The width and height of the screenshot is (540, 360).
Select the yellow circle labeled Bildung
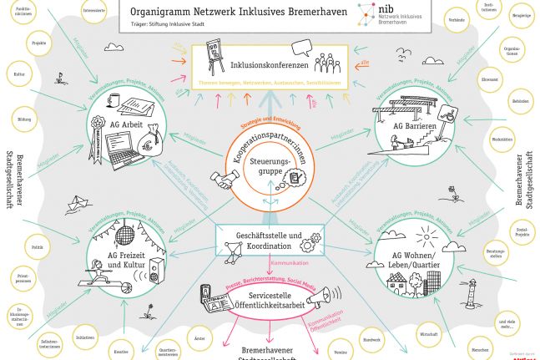(24, 120)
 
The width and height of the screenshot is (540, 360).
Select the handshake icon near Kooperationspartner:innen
(224, 179)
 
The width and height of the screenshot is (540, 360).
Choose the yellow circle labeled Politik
(37, 246)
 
